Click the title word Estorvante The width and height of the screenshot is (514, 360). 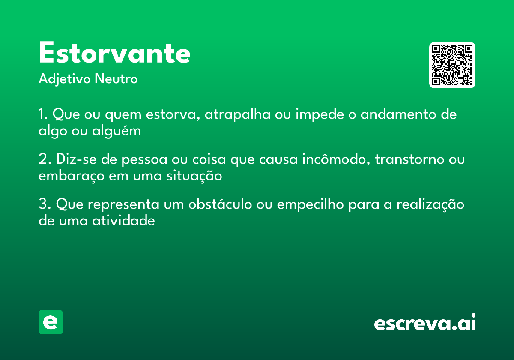click(x=114, y=54)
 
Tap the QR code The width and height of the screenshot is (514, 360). click(x=452, y=65)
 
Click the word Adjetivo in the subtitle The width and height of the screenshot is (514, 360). click(x=65, y=79)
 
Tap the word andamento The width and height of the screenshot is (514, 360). click(x=397, y=115)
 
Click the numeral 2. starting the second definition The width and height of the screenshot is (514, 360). click(x=45, y=160)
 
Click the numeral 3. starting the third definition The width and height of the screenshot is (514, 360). click(x=45, y=204)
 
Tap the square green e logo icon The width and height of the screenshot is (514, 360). click(x=51, y=322)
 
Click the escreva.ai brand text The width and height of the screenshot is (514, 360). click(x=425, y=323)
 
